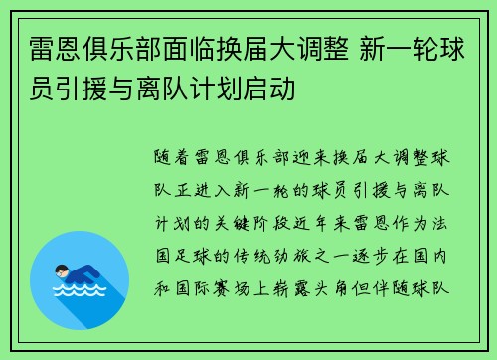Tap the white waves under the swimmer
pyautogui.click(x=75, y=292)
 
